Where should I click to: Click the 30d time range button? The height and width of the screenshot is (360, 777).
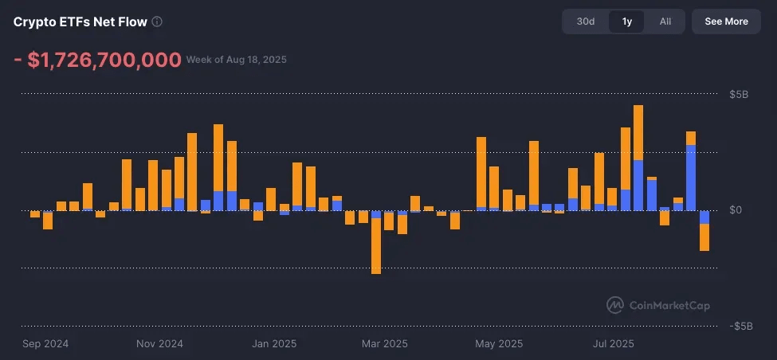586,22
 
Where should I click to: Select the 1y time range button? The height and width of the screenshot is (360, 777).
626,22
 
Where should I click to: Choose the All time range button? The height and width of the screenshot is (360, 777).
665,22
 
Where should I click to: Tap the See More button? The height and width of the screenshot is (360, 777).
726,22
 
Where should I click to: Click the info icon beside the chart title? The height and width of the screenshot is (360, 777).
157,22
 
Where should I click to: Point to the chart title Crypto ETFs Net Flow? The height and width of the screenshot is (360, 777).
80,22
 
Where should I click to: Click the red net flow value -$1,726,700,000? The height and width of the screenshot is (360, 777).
96,61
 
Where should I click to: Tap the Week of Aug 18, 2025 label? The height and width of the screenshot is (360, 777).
237,60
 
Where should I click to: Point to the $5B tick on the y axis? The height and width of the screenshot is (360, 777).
739,95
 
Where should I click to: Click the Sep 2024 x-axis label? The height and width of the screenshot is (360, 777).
45,344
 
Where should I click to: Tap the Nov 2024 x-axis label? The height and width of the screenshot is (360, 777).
159,344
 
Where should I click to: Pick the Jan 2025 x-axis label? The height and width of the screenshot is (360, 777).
274,344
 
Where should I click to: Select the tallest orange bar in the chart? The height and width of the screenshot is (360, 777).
638,132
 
